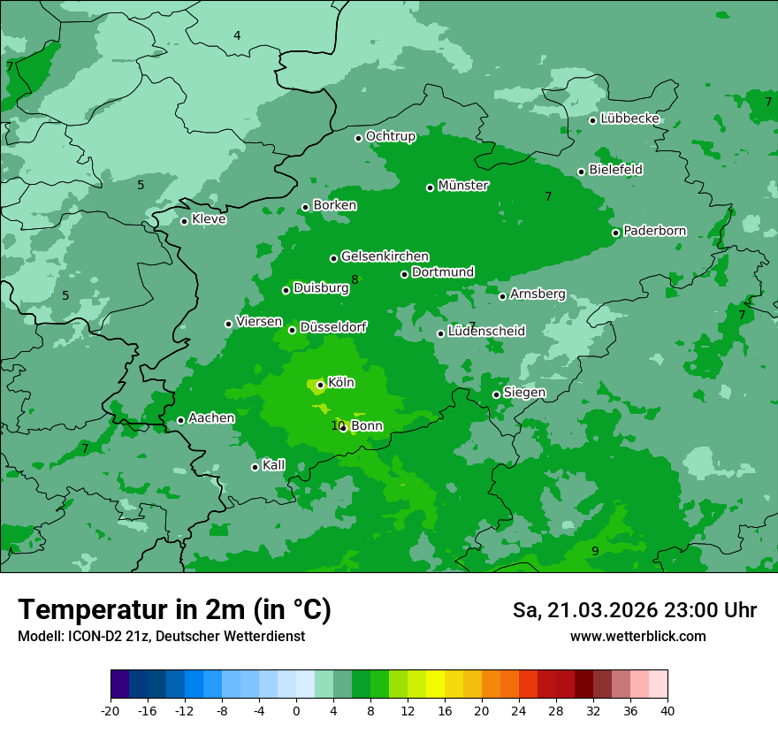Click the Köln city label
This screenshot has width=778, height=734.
(x=340, y=383)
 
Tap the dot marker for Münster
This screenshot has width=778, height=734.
(x=431, y=187)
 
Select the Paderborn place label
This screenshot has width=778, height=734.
(x=654, y=232)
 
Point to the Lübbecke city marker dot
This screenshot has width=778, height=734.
(x=592, y=120)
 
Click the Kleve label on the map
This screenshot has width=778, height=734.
(x=209, y=219)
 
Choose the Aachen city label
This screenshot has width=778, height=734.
(x=211, y=418)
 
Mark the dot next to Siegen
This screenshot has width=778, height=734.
(x=496, y=394)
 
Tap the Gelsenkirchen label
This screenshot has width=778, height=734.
(x=385, y=256)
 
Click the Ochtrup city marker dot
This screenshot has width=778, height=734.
(x=358, y=138)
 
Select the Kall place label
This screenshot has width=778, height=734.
(x=273, y=465)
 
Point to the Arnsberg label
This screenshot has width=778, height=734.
(x=538, y=294)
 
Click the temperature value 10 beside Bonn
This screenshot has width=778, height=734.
(x=337, y=426)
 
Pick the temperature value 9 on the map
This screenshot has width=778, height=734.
(x=595, y=551)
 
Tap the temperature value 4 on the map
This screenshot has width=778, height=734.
(x=237, y=35)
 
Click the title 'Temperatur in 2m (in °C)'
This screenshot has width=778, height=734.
(x=174, y=609)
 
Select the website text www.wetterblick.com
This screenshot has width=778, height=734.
(x=637, y=637)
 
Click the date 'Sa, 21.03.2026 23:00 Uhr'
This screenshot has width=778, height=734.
(x=634, y=610)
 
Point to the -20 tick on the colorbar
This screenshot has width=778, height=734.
(x=111, y=710)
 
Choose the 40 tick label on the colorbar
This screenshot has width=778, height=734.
(x=667, y=710)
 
